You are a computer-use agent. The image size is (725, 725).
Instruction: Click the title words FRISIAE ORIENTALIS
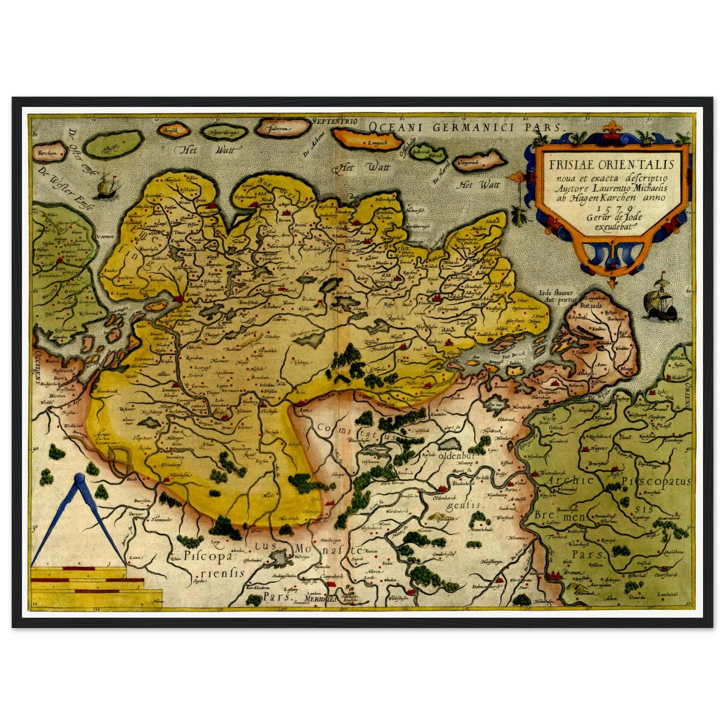click(611, 165)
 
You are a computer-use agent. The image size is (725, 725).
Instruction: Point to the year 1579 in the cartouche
click(611, 207)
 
